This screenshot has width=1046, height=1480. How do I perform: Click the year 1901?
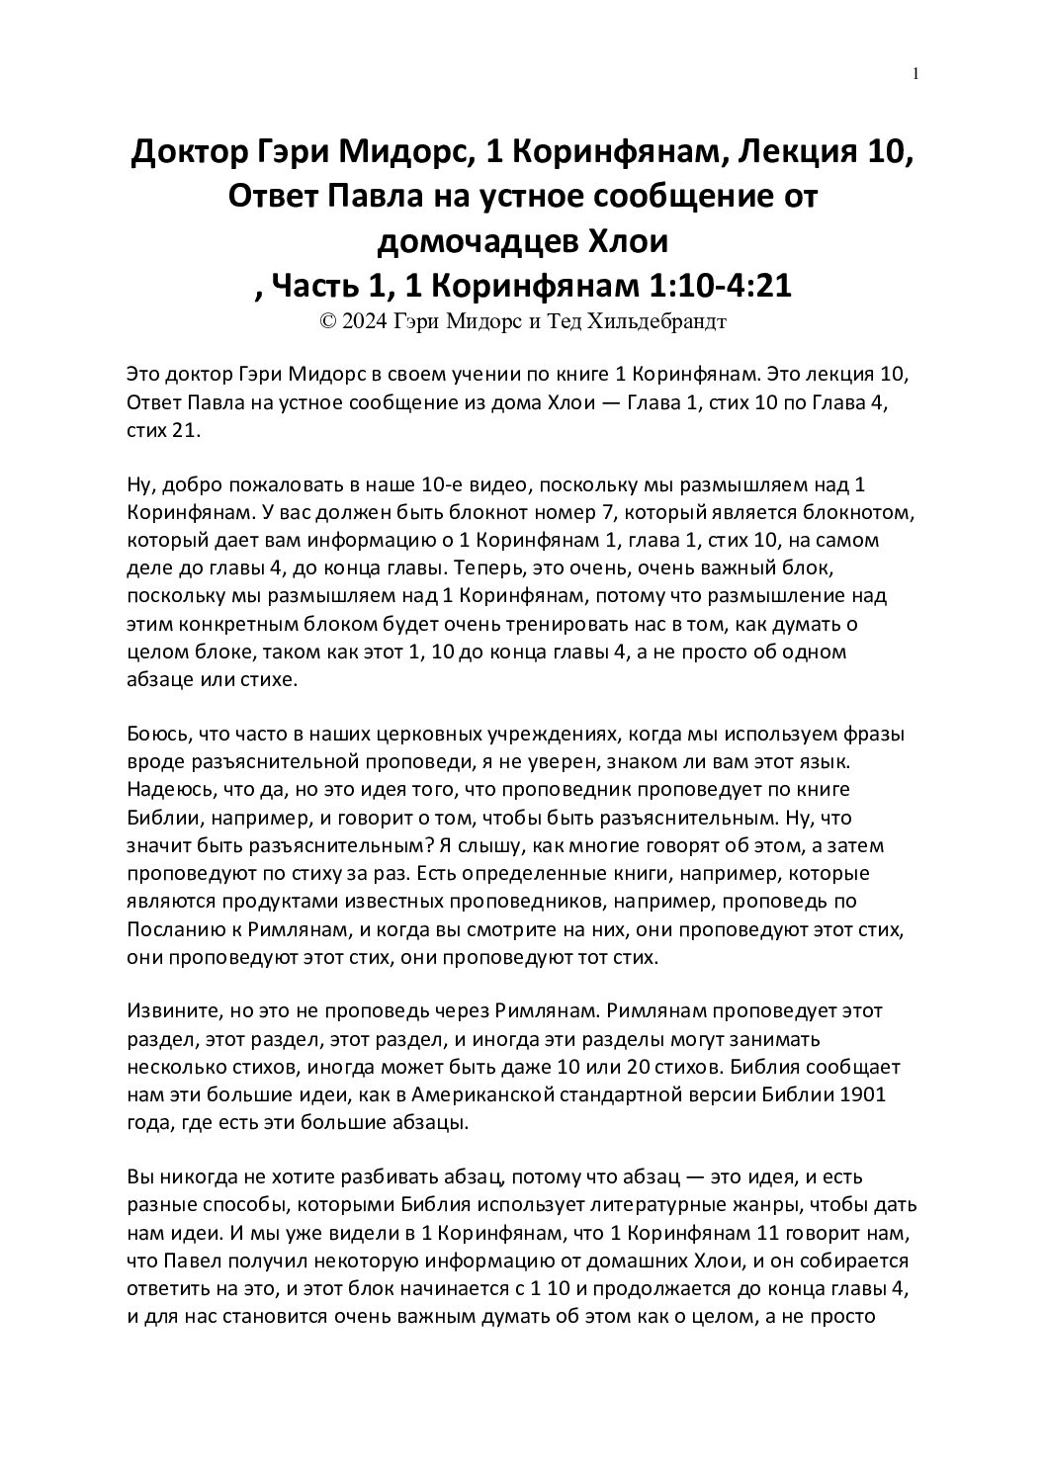(x=861, y=1095)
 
